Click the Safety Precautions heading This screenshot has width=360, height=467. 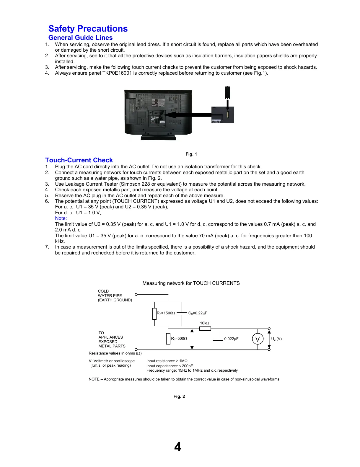click(88, 29)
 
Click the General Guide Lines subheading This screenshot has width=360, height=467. click(80, 38)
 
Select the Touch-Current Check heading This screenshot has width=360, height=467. click(79, 160)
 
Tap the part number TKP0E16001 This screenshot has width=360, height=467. click(117, 73)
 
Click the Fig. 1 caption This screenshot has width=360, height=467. click(191, 154)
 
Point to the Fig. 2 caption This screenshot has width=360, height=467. click(179, 396)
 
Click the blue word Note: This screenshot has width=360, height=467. click(61, 218)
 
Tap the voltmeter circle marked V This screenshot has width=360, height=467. click(258, 339)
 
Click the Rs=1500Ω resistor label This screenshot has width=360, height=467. click(166, 313)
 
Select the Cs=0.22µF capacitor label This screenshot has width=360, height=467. click(198, 313)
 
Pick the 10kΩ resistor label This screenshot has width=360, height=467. click(204, 323)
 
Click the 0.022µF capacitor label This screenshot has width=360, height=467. click(231, 339)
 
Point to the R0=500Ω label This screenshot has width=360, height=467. click(179, 339)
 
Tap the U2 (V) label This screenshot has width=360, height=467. click(276, 339)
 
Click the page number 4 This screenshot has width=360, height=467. click(178, 447)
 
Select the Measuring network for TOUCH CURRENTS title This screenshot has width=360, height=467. click(191, 283)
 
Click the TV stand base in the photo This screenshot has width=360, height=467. click(158, 137)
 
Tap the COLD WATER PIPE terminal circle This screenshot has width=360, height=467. click(136, 294)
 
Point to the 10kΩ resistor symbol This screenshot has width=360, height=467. click(205, 329)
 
